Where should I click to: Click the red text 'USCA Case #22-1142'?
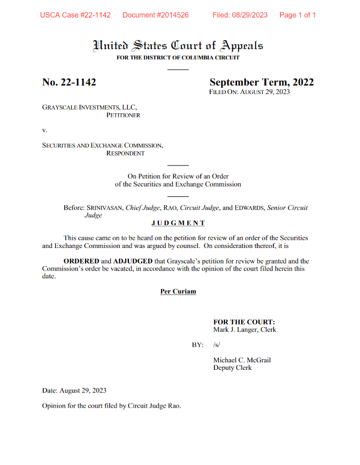tap(75, 15)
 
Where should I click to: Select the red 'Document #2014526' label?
tap(155, 15)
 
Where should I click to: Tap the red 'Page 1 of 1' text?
tap(297, 15)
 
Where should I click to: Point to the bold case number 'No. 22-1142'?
tap(69, 82)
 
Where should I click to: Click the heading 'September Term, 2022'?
tap(262, 82)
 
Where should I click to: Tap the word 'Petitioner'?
tap(123, 115)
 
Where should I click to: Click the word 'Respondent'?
tap(125, 153)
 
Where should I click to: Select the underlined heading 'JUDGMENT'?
tap(178, 223)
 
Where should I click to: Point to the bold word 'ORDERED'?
tap(81, 261)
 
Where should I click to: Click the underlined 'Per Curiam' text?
tap(178, 291)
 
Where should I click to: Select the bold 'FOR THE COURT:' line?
tap(244, 322)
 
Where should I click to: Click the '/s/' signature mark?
tap(217, 345)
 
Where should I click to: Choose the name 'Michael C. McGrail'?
tap(242, 360)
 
